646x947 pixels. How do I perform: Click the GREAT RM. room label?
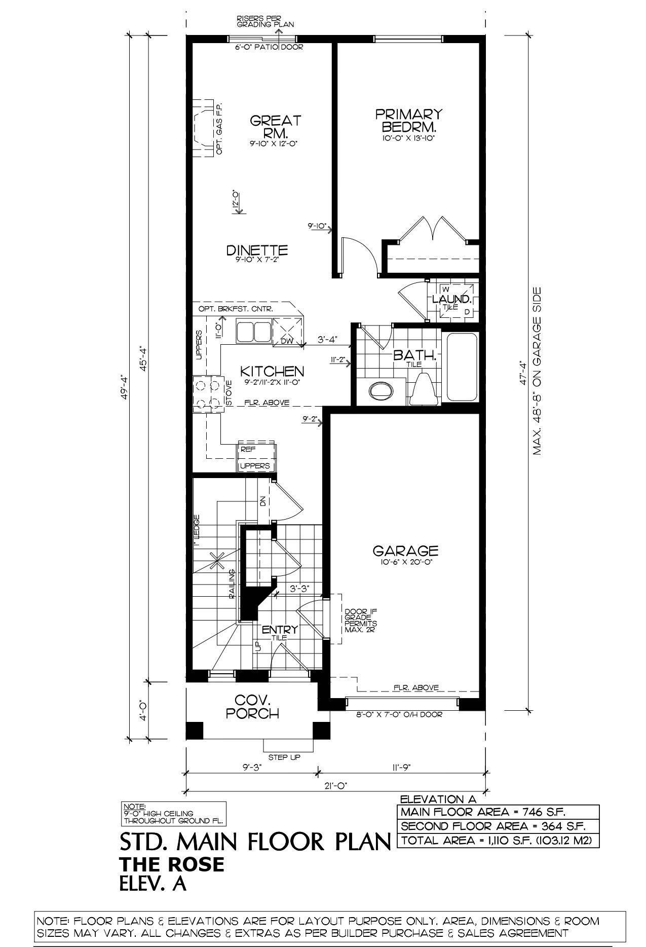(275, 127)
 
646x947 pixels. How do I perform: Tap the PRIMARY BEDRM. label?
(408, 120)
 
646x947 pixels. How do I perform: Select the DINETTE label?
(257, 250)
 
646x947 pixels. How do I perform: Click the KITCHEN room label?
(272, 371)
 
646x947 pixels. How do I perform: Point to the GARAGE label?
(405, 550)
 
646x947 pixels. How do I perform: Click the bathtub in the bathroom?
(461, 366)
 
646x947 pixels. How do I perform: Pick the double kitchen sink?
(253, 332)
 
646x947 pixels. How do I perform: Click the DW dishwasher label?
(287, 341)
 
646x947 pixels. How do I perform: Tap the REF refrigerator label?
(248, 449)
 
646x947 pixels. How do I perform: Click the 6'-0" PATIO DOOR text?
(269, 47)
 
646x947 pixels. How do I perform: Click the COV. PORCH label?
(252, 707)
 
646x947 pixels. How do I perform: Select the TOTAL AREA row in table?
(498, 840)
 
